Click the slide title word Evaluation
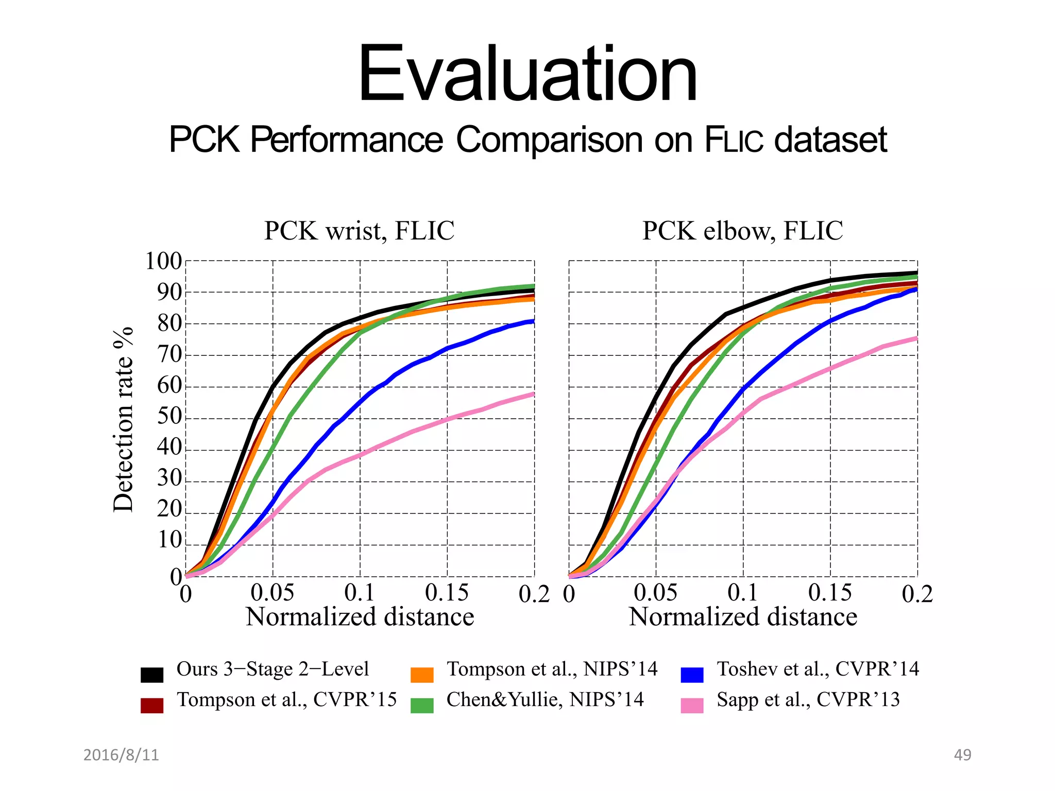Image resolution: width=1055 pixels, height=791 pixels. (527, 75)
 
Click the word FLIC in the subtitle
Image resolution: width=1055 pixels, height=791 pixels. (734, 140)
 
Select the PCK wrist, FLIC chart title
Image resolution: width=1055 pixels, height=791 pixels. (359, 231)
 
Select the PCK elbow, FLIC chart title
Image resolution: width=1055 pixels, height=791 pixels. (742, 231)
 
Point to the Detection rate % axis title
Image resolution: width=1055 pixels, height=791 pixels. (124, 419)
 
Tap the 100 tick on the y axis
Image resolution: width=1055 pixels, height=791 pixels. (163, 262)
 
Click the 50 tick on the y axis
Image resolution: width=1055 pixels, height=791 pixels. (169, 416)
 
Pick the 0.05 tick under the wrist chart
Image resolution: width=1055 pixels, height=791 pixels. (272, 593)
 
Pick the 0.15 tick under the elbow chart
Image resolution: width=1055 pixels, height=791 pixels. (829, 593)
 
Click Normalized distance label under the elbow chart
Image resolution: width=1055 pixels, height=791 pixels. (743, 617)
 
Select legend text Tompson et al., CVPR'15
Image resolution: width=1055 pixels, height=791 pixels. (286, 700)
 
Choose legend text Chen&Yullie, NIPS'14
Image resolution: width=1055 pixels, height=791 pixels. (545, 700)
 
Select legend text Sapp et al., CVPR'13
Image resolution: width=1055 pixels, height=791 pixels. (808, 700)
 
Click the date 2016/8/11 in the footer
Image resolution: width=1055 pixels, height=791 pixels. (121, 755)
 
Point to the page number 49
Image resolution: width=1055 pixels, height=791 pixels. (962, 755)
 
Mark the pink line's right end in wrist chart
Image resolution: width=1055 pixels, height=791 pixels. (533, 394)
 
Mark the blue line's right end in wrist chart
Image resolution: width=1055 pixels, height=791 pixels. (533, 321)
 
